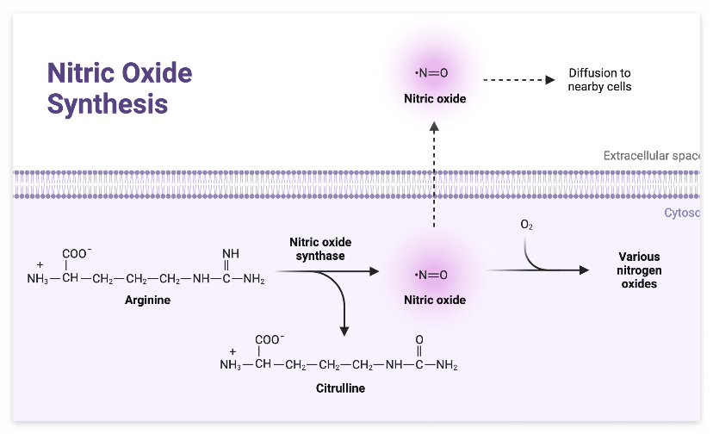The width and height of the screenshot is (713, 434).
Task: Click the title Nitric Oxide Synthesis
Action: click(120, 88)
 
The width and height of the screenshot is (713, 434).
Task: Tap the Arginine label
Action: click(147, 301)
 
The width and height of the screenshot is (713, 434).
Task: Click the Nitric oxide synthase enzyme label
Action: click(320, 249)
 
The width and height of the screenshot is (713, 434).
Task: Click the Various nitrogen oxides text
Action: click(638, 270)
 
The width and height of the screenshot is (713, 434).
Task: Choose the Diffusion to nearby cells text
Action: click(599, 80)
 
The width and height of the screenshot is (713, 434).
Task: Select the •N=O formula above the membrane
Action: click(434, 72)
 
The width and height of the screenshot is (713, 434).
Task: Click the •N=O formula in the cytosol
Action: click(434, 275)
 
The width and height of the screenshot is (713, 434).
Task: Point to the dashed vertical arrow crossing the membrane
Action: click(434, 172)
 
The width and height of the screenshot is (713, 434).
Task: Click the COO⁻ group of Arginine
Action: click(77, 253)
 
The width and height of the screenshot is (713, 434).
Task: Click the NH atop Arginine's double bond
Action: click(231, 253)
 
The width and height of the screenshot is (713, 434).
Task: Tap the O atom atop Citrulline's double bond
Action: click(419, 339)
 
